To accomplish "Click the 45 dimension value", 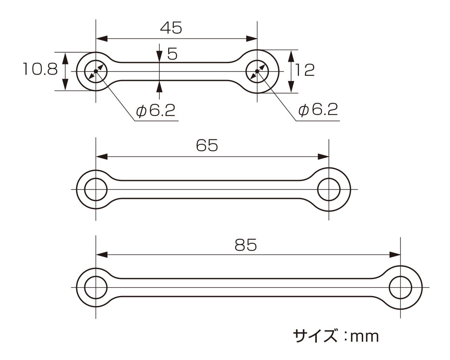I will (171, 28).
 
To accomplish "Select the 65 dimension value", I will (207, 145).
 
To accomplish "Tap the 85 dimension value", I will (246, 245).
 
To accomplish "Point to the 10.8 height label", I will (40, 69).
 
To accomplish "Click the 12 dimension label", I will (304, 70).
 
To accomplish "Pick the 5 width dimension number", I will (172, 54).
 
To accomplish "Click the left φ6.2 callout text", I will (156, 111).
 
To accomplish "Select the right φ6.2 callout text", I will (318, 110).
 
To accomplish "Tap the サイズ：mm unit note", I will (336, 336).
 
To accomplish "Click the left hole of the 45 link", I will (96, 71).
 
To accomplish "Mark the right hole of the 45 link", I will (257, 71).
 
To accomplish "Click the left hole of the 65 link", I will (96, 190).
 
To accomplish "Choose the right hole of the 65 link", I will (329, 190).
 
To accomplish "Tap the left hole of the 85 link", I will (96, 288).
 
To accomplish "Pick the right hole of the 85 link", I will (400, 288).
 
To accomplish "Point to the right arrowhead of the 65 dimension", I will (323, 157).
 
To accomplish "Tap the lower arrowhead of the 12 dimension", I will (291, 87).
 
